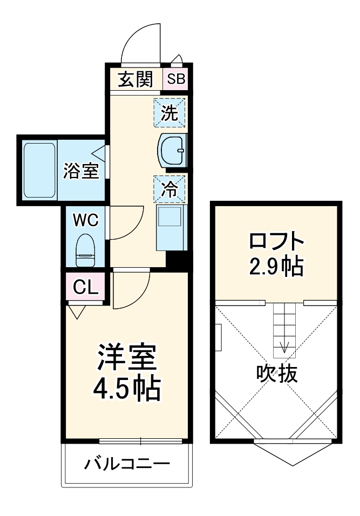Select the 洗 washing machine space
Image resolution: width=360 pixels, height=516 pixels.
click(x=169, y=112)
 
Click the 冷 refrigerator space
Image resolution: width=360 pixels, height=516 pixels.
click(x=169, y=188)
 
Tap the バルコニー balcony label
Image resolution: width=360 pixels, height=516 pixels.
click(x=127, y=463)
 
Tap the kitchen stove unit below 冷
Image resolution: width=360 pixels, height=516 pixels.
click(x=171, y=227)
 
